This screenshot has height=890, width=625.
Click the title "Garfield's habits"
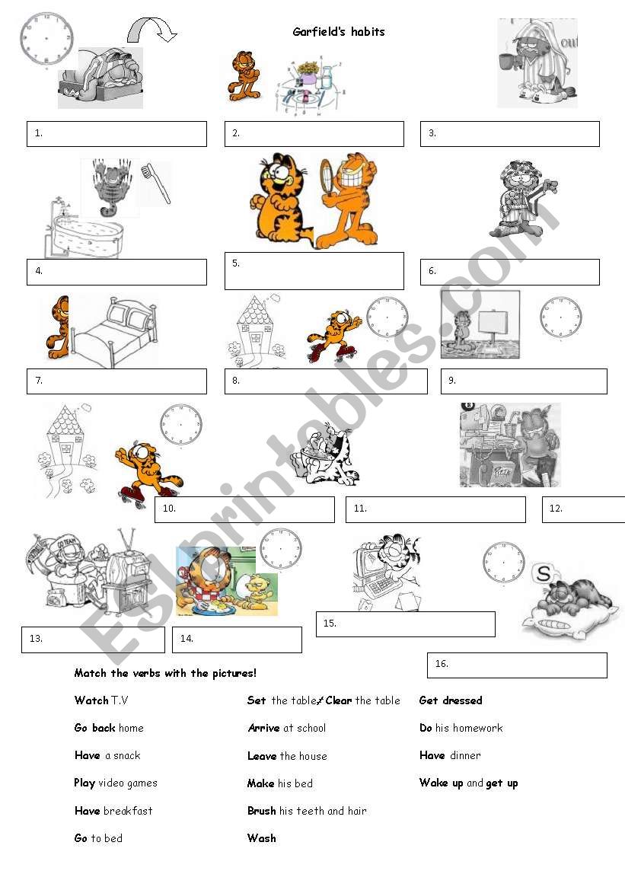click(x=339, y=32)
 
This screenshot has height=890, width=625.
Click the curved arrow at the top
click(x=151, y=30)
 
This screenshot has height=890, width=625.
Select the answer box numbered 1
click(x=116, y=133)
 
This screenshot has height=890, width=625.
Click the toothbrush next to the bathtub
click(x=156, y=183)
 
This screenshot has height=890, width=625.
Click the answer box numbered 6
click(x=509, y=272)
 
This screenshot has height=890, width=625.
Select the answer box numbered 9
click(x=524, y=381)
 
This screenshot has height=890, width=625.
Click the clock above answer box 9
click(x=561, y=317)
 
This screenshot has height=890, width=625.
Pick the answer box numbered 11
click(x=435, y=509)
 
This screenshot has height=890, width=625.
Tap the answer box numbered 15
click(x=405, y=624)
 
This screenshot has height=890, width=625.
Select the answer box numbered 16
click(x=517, y=665)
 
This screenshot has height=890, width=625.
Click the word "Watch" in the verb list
click(x=91, y=700)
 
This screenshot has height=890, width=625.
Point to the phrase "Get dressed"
click(x=451, y=700)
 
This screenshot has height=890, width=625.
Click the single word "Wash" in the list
click(x=262, y=838)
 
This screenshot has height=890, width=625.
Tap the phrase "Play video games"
click(x=116, y=783)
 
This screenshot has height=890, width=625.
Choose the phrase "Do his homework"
click(x=461, y=728)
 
